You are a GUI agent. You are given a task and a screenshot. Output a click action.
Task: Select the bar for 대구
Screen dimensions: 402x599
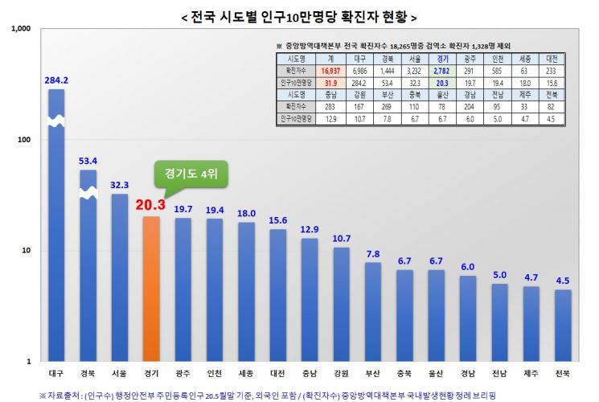pos(57,241)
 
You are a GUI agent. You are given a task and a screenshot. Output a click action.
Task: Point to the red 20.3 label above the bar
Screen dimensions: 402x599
pos(150,206)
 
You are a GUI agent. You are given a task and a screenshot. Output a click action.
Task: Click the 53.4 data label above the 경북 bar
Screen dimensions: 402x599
pos(88,161)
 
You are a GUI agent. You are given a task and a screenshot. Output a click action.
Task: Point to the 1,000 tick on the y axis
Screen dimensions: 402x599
pos(18,29)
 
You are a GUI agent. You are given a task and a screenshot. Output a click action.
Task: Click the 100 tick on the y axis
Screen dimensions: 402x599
pos(22,140)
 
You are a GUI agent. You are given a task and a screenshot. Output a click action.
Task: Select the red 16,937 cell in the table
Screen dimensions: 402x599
pos(329,71)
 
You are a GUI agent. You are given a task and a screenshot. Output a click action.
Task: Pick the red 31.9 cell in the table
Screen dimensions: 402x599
pos(329,82)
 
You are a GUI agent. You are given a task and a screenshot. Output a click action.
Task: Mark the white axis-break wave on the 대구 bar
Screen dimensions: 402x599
pos(57,121)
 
